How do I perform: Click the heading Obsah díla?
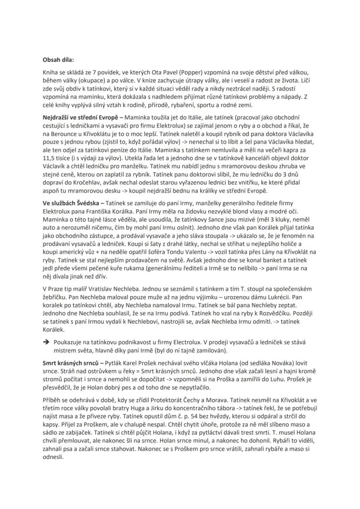click(58, 59)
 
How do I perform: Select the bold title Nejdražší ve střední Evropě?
click(80, 117)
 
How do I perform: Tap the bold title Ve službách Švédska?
click(71, 203)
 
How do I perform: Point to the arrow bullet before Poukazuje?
click(46, 343)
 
